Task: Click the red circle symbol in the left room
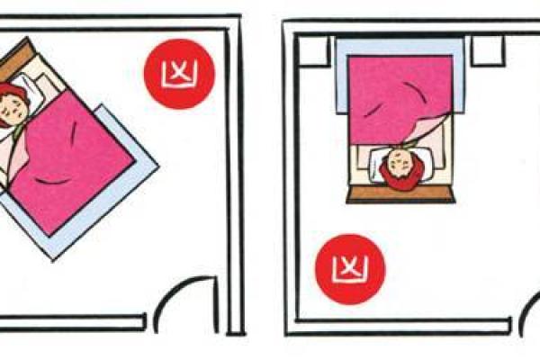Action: coord(179,74)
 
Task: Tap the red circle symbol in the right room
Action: coord(350,269)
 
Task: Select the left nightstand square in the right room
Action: coord(313,50)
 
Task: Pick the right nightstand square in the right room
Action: coord(488,50)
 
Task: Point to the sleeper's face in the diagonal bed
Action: coord(12,106)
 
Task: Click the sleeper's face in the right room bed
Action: coord(401,163)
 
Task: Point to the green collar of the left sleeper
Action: coord(17,130)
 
